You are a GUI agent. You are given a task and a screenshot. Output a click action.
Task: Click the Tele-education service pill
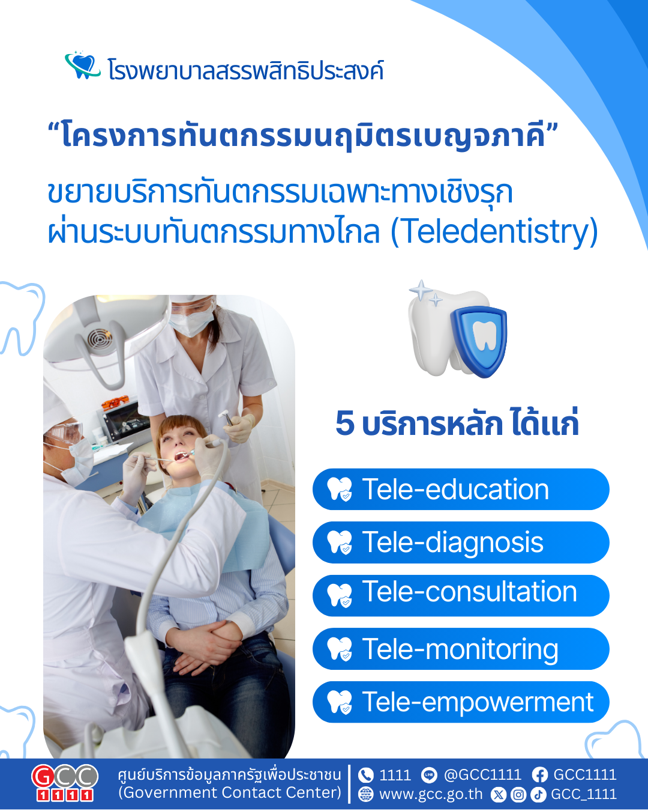[460, 489]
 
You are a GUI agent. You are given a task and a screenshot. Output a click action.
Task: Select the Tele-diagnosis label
[460, 542]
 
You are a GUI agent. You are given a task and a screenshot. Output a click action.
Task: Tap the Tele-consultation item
[460, 595]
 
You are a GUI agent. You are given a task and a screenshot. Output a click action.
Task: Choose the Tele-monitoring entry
[460, 649]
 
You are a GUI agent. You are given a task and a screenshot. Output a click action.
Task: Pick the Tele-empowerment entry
[460, 702]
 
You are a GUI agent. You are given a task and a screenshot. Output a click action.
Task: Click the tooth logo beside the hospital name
[82, 65]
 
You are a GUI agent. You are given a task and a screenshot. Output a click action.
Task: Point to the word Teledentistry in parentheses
[494, 231]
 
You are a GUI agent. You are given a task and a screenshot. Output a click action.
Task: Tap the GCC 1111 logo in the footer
[65, 783]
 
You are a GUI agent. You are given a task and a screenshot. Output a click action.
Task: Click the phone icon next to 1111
[365, 775]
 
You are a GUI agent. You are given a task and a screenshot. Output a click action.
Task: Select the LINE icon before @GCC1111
[429, 775]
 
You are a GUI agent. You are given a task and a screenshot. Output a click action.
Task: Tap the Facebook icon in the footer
[539, 775]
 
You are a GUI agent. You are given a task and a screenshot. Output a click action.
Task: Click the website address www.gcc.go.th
[431, 794]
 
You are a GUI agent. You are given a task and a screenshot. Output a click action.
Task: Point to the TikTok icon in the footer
[538, 795]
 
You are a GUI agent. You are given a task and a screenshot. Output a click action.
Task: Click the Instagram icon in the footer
[518, 795]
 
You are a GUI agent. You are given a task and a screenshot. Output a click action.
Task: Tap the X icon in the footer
[499, 795]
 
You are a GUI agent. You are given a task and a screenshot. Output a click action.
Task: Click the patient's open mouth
[181, 457]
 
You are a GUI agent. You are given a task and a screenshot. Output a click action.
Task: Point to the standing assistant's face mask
[191, 323]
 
